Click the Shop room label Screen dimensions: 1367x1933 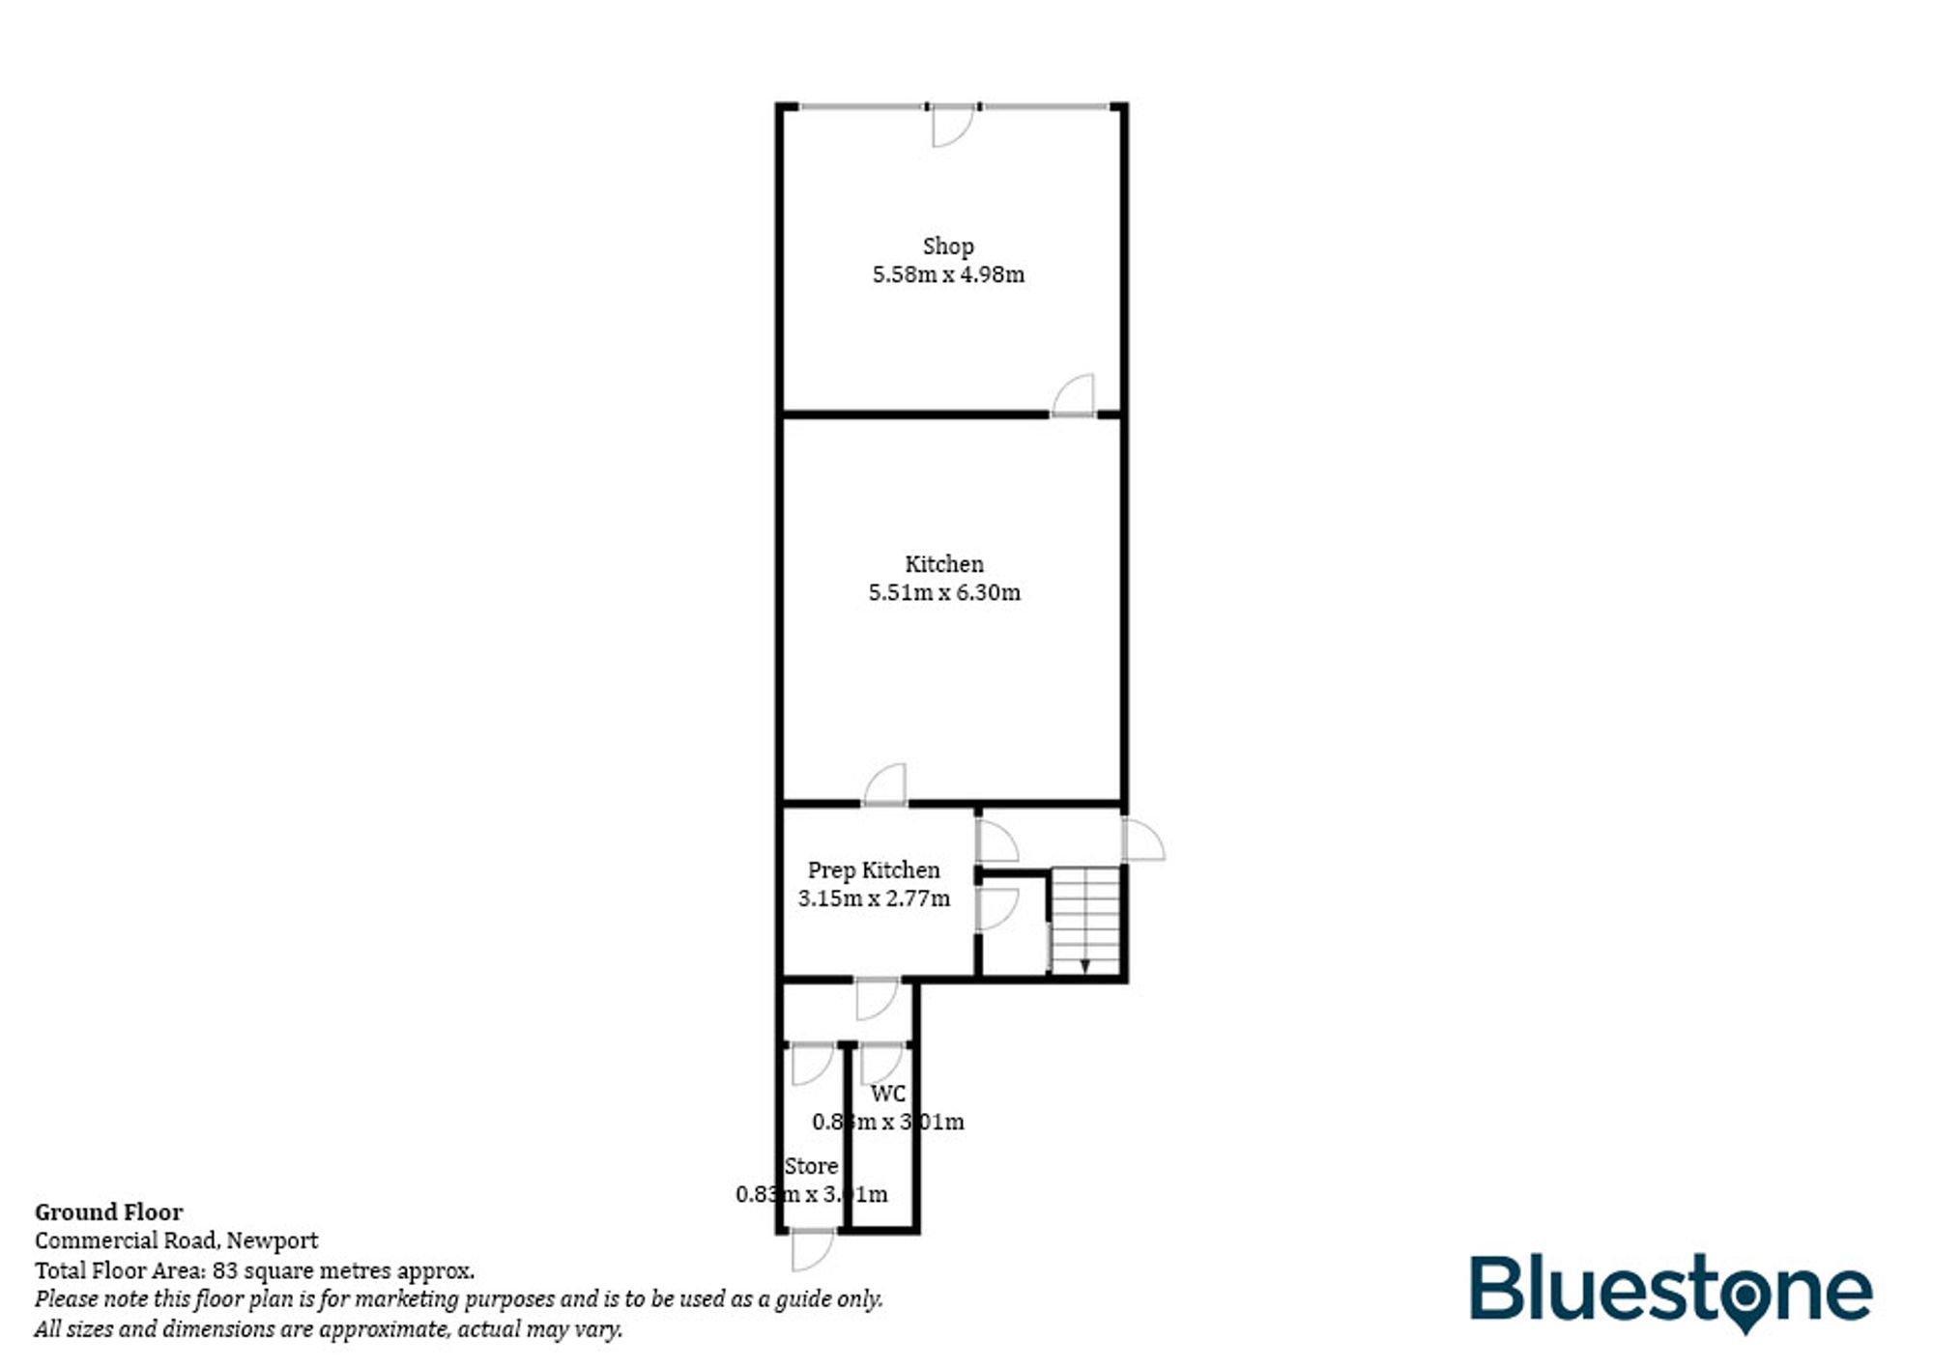click(x=947, y=246)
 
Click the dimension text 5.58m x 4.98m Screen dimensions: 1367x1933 click(x=947, y=274)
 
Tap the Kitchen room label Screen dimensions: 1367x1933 click(x=943, y=564)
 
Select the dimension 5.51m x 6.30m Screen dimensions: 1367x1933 click(x=943, y=592)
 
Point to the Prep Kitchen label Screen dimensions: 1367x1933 click(x=873, y=870)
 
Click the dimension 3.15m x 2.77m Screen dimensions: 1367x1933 click(x=873, y=898)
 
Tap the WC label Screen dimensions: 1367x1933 click(x=888, y=1094)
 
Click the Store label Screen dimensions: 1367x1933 click(x=810, y=1166)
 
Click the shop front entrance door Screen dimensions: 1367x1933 click(x=952, y=126)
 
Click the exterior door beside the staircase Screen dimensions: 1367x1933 click(x=1142, y=840)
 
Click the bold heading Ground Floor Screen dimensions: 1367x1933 click(x=108, y=1212)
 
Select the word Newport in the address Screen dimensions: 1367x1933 click(x=272, y=1240)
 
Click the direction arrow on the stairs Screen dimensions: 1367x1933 click(x=1084, y=965)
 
